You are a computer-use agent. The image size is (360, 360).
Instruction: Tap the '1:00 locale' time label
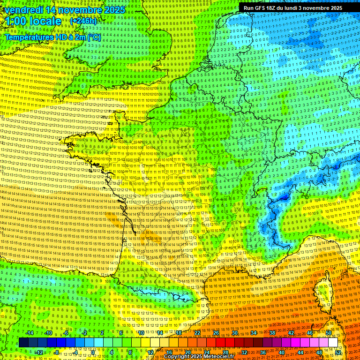[x=34, y=22]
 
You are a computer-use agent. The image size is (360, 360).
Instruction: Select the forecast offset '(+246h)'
[x=83, y=22]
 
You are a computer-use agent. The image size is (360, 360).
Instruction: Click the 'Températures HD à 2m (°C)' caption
[x=52, y=37]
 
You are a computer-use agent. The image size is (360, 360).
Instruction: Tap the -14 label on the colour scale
[x=29, y=333]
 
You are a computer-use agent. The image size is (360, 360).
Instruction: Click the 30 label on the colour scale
[x=234, y=333]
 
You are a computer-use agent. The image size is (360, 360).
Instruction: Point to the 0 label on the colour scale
[x=93, y=352]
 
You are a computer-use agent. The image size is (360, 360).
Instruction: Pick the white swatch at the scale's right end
[x=333, y=343]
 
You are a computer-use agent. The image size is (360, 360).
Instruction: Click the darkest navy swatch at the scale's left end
[x=23, y=343]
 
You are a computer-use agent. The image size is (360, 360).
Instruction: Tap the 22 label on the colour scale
[x=197, y=333]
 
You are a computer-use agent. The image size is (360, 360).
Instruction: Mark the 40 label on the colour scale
[x=282, y=352]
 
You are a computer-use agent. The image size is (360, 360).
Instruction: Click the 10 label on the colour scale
[x=141, y=333]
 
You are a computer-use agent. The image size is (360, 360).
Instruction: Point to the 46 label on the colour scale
[x=310, y=333]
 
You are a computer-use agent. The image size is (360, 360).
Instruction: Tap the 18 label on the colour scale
[x=179, y=333]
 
